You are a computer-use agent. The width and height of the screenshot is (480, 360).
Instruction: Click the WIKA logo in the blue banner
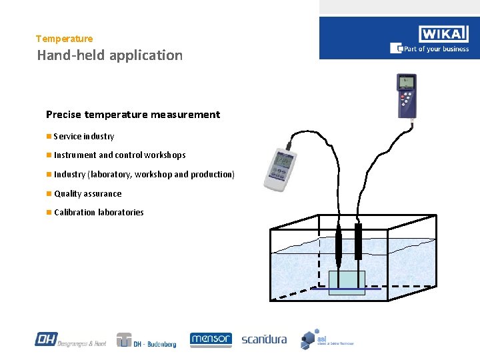coord(444,34)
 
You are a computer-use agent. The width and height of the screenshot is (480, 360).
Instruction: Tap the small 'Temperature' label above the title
coord(65,39)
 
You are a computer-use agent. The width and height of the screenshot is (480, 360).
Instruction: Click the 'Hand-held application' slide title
coord(110,55)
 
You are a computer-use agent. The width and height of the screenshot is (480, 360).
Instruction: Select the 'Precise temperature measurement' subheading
coord(133,115)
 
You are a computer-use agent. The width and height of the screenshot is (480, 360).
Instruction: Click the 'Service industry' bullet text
coord(84,137)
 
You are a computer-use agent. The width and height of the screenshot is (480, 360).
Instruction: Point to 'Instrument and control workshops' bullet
coord(120,155)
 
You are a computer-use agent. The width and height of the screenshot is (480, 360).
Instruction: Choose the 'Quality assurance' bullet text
coord(88,194)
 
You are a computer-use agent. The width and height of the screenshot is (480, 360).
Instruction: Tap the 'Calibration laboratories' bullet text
coord(99,213)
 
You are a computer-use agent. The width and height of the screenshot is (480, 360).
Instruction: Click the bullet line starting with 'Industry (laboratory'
coord(144,175)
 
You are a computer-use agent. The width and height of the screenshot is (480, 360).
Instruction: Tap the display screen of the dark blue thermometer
coord(406,83)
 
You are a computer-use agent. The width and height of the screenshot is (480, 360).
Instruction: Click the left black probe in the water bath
coord(339,243)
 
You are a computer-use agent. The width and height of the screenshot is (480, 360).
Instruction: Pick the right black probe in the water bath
coord(358,241)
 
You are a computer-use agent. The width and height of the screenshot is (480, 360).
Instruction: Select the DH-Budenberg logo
coord(147,340)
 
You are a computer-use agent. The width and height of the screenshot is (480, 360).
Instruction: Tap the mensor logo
coord(211,339)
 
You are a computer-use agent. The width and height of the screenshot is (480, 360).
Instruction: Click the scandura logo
coord(264,339)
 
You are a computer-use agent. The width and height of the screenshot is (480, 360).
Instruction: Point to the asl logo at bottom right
coord(326,339)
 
